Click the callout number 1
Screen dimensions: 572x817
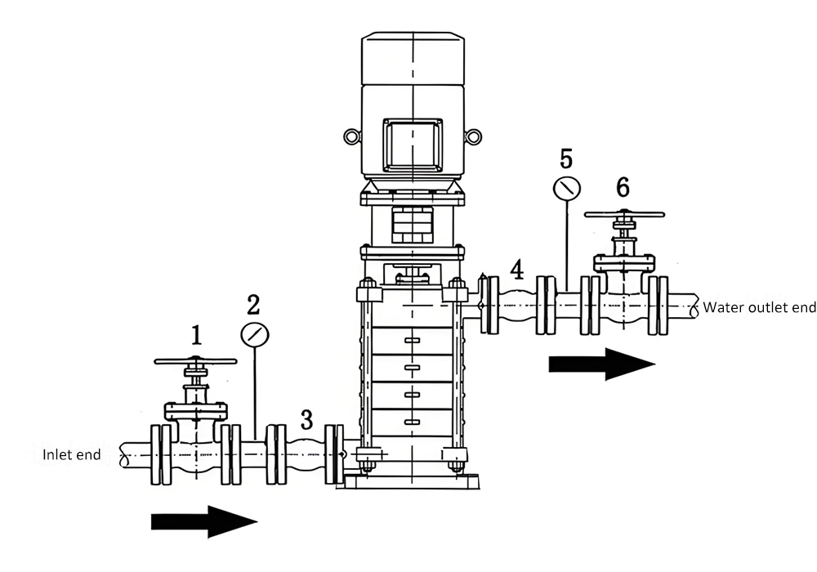coord(196,334)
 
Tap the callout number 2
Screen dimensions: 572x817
coord(253,305)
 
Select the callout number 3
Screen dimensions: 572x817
coord(306,420)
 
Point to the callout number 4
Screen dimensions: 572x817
coord(516,268)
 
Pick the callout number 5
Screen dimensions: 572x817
coord(566,158)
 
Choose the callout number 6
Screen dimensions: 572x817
coord(623,187)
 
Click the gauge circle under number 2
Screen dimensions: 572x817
coord(254,333)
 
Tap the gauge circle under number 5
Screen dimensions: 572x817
coord(566,189)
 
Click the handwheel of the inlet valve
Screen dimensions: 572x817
coord(195,360)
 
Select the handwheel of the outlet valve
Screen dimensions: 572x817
coord(626,216)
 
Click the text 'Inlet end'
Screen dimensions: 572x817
coord(72,454)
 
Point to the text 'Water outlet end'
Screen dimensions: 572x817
coord(759,307)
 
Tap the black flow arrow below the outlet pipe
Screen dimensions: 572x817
coord(601,364)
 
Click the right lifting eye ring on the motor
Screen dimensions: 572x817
coord(474,136)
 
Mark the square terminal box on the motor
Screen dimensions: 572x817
coord(413,145)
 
